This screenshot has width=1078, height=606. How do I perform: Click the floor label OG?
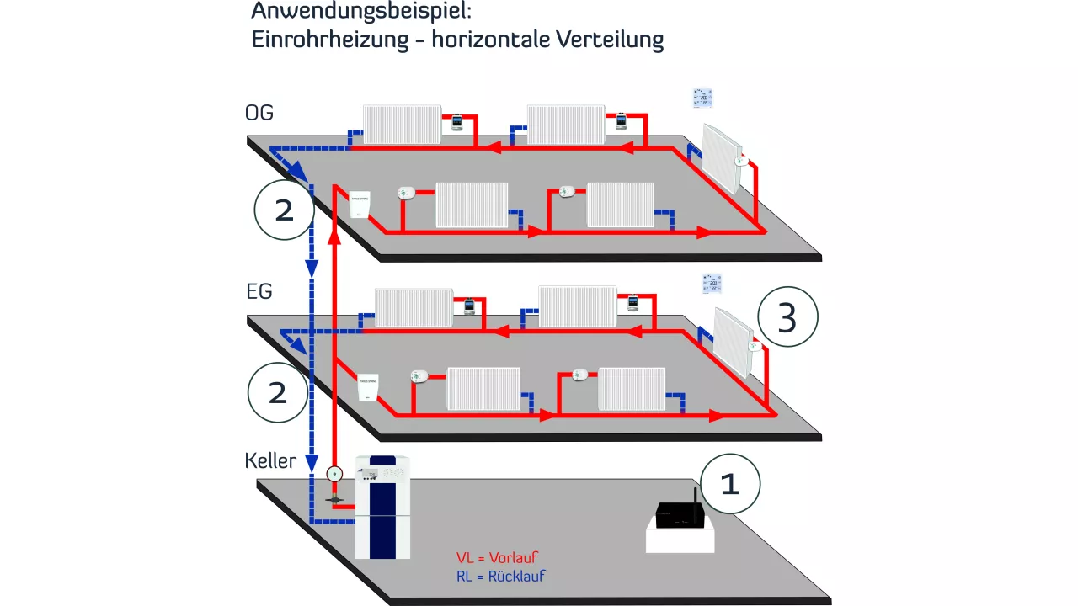click(x=259, y=113)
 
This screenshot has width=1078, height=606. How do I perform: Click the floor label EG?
click(x=259, y=292)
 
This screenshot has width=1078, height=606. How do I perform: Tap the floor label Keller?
click(x=270, y=460)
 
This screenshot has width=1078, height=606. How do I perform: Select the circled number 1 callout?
click(x=729, y=485)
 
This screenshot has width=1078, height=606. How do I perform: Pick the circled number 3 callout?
click(x=787, y=319)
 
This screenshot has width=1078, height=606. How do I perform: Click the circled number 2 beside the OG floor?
click(x=285, y=210)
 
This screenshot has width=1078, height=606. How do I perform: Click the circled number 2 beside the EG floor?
click(x=278, y=392)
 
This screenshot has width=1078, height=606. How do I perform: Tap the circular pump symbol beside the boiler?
click(x=334, y=474)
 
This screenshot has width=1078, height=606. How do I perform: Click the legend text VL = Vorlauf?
click(x=497, y=557)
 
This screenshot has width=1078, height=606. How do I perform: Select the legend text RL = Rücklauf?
click(x=500, y=577)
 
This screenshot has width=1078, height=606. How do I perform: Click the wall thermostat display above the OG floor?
click(x=702, y=98)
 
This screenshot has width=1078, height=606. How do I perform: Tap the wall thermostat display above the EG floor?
click(x=712, y=284)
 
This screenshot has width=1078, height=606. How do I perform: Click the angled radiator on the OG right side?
click(x=723, y=158)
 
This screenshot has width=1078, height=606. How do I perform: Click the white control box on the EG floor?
click(x=371, y=388)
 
